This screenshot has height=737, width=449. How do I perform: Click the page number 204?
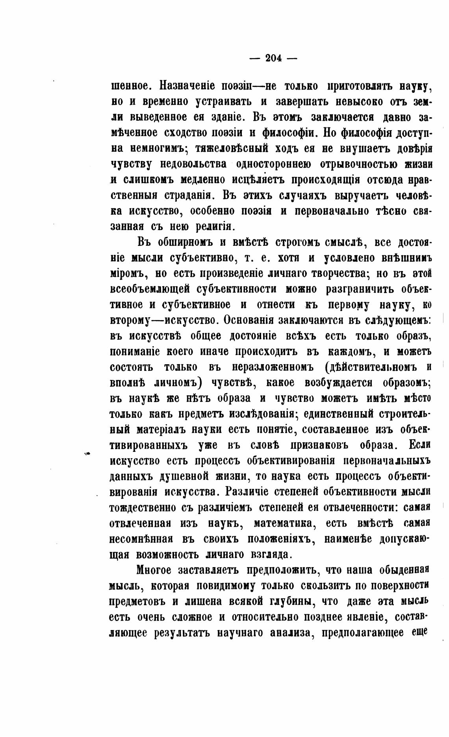(273, 58)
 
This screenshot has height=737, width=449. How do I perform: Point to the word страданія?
(186, 195)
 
